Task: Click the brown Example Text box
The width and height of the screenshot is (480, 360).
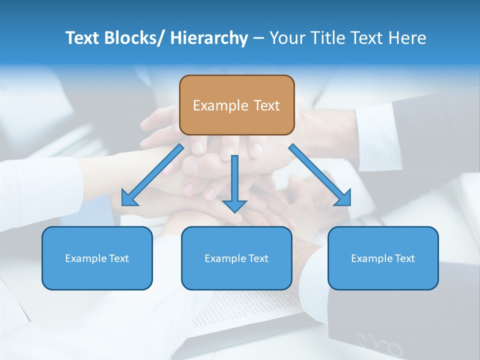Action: (236, 105)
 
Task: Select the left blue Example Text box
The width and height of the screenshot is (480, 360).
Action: (97, 258)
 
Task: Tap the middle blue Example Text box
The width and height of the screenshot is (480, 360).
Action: (236, 258)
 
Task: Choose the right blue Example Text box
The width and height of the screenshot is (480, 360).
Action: (383, 258)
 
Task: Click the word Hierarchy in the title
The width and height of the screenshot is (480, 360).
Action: (208, 38)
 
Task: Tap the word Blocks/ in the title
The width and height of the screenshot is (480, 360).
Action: (134, 38)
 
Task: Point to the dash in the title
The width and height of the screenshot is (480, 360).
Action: (258, 38)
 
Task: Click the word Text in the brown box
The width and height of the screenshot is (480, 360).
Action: (265, 105)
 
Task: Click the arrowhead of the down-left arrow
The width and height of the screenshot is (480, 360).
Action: (129, 198)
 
